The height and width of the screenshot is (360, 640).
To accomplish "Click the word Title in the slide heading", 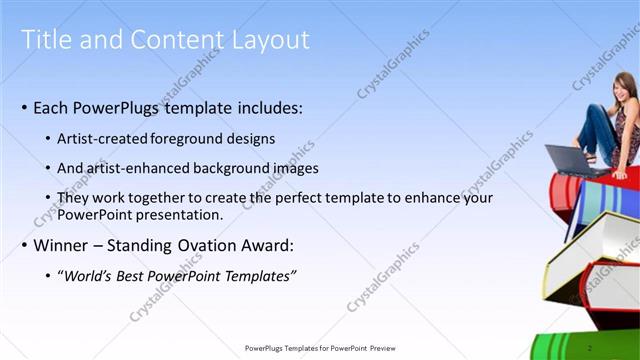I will point(47,40).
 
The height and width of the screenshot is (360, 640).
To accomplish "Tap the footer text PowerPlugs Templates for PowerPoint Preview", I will point(320,348).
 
